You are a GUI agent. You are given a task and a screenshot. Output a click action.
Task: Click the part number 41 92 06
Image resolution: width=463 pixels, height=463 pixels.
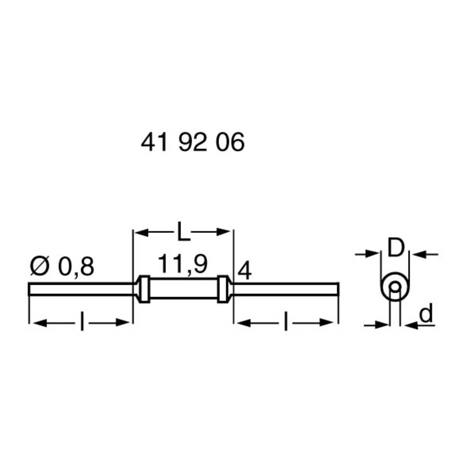click(x=192, y=144)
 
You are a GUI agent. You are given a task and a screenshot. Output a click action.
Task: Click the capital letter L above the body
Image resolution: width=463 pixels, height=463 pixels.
click(x=183, y=232)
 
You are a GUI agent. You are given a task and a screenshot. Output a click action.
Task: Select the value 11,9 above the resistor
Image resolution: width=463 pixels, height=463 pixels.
click(x=182, y=264)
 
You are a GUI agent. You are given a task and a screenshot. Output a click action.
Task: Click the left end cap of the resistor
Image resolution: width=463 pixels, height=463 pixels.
click(x=144, y=289)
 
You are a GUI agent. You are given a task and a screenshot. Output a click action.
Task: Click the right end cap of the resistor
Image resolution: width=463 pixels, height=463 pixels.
click(x=225, y=289)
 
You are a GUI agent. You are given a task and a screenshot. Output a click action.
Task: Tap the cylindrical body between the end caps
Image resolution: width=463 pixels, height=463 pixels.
click(x=184, y=289)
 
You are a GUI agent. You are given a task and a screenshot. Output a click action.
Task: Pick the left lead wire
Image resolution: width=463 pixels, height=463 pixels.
click(x=81, y=289)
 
